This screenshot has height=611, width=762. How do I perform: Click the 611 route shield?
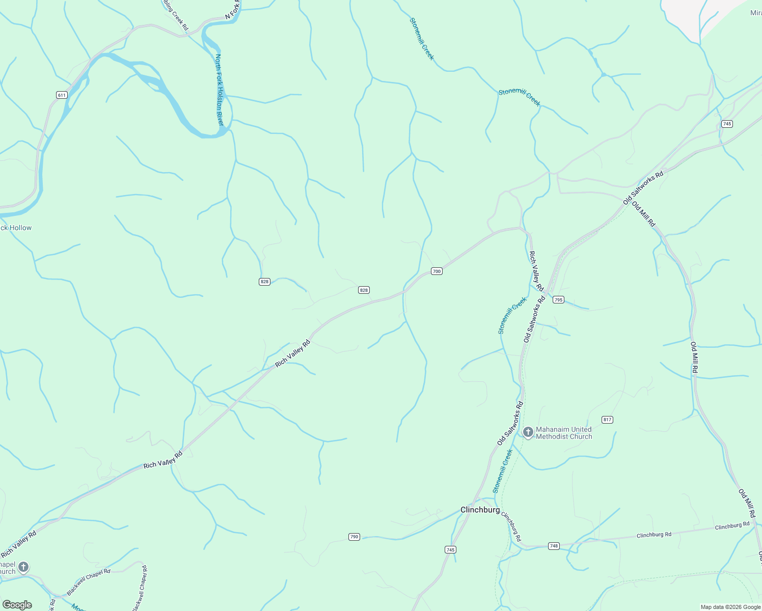tap(62, 95)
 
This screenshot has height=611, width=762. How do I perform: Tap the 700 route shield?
tap(437, 271)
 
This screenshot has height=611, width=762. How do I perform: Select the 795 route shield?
tap(558, 300)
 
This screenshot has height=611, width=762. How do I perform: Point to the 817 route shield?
tap(607, 420)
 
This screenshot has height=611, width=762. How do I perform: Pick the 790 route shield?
tap(355, 537)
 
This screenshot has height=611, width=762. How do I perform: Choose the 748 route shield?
tap(554, 546)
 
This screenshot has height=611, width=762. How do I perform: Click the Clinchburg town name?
tap(480, 510)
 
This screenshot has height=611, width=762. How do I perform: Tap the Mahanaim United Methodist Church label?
tap(564, 433)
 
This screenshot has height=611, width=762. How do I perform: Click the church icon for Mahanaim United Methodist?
tap(528, 433)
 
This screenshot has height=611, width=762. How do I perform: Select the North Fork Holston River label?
tap(220, 90)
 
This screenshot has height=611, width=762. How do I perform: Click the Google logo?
tap(17, 605)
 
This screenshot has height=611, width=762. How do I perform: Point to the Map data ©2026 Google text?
tap(730, 607)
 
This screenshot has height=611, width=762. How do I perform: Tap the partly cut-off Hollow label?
tap(15, 228)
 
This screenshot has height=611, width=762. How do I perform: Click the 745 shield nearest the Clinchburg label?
tap(450, 549)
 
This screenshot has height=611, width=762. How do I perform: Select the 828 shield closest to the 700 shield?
tap(364, 290)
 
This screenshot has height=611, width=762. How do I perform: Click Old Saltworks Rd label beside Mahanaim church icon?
tap(510, 423)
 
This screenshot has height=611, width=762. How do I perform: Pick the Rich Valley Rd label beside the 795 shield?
tap(536, 271)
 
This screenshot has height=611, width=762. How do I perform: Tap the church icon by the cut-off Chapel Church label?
tap(23, 567)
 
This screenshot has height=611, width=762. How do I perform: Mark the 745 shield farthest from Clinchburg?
tap(727, 124)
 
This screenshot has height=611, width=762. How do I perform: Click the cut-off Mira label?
tap(755, 13)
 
